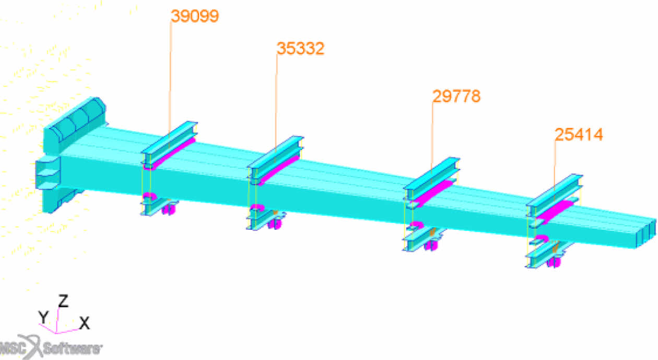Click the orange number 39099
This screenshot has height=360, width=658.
[x=195, y=16]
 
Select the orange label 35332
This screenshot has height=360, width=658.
[x=300, y=49]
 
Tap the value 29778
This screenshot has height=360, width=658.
[x=456, y=96]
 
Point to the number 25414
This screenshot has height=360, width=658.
[x=579, y=135]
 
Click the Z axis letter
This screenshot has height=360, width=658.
[x=64, y=301]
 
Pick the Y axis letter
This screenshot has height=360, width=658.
[x=43, y=317]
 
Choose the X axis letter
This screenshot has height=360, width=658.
[x=84, y=323]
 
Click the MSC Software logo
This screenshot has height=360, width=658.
[x=51, y=347]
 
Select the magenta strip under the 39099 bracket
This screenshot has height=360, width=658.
[x=170, y=154]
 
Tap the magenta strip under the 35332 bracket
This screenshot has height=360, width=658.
[x=278, y=170]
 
